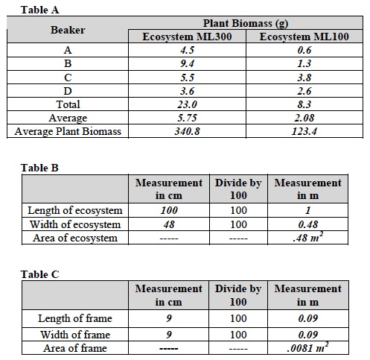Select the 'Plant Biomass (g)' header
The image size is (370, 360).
246,24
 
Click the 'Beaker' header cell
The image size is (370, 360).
68,31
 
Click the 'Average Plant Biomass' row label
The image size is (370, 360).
68,132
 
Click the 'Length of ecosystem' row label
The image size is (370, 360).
74,211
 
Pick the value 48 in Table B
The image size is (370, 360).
168,224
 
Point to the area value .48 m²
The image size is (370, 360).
307,238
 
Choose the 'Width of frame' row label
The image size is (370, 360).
74,334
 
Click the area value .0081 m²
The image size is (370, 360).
307,348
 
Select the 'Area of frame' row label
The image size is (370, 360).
74,348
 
